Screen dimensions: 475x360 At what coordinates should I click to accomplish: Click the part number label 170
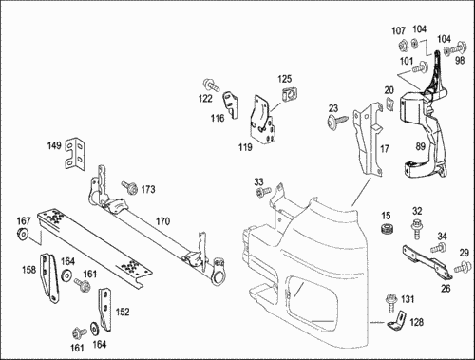click(x=162, y=221)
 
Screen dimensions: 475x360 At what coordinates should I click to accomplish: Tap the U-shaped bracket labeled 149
click(x=75, y=154)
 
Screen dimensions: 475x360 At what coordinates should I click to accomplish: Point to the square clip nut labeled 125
click(x=290, y=94)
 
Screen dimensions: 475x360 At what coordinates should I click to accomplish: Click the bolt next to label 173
click(x=130, y=187)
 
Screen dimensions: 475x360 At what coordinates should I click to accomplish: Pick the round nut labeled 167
click(x=22, y=233)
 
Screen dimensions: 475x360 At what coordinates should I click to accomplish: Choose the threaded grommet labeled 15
click(x=388, y=228)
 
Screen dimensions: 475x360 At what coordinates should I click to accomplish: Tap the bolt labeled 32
click(x=417, y=228)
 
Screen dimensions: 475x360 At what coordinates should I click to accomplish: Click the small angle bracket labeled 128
click(x=397, y=321)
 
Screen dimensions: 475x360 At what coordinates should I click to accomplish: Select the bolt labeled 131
click(x=391, y=303)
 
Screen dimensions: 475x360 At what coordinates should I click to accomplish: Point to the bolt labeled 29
click(x=462, y=266)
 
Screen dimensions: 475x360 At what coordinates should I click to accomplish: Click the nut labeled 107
click(x=403, y=46)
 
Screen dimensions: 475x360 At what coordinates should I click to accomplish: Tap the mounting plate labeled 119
click(x=262, y=121)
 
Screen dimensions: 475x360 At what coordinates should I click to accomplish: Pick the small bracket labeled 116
click(x=231, y=104)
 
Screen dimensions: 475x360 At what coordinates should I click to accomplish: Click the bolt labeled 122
click(x=210, y=85)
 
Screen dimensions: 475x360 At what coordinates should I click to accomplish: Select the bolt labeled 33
click(x=263, y=192)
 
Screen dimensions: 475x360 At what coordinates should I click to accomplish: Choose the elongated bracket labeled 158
click(x=49, y=277)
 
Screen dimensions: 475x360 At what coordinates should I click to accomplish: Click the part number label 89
click(x=421, y=146)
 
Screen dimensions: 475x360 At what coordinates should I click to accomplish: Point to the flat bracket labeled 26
click(x=427, y=262)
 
